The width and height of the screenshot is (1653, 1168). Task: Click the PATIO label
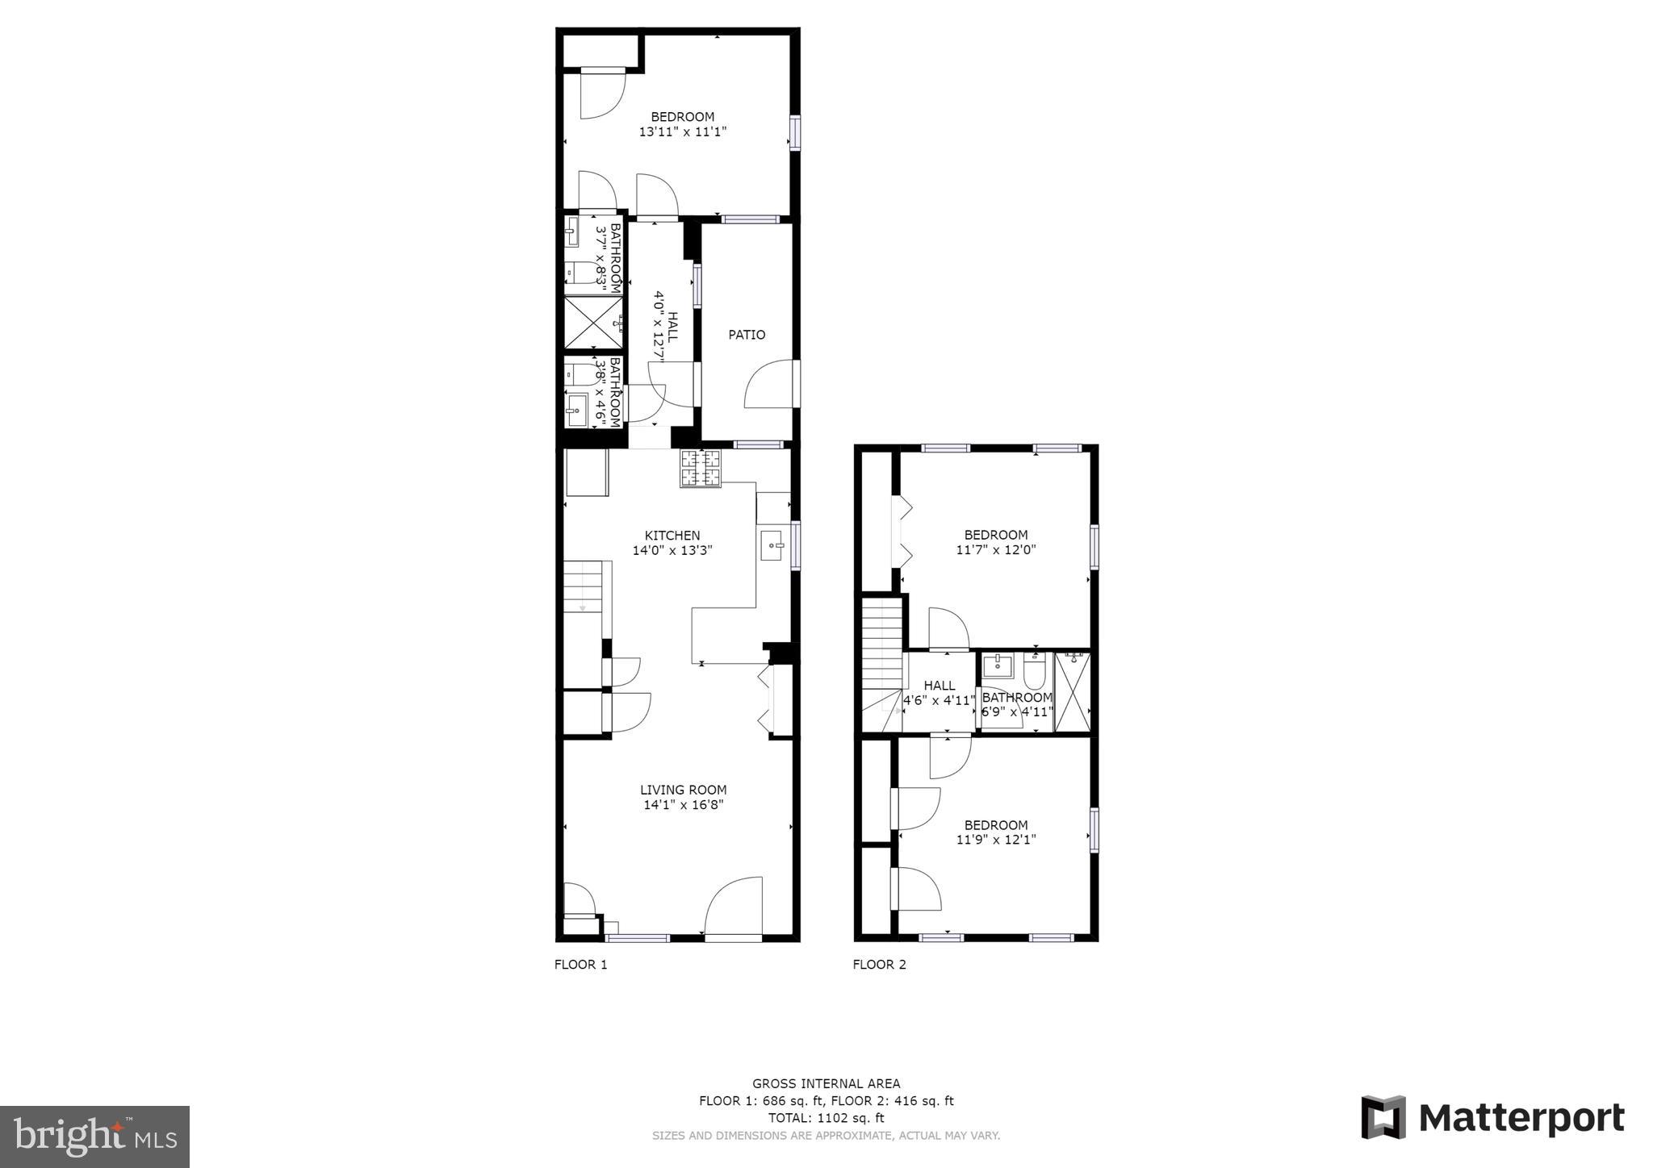[747, 335]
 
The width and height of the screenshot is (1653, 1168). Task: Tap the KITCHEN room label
[672, 536]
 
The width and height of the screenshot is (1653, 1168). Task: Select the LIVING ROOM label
[683, 790]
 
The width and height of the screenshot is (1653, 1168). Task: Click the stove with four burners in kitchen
[701, 469]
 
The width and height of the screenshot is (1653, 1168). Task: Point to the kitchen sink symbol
[772, 545]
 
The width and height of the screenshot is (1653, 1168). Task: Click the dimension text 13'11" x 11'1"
[683, 132]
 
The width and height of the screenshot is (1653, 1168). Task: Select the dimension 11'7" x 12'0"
[996, 550]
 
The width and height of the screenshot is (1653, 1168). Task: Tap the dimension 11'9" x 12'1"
[996, 840]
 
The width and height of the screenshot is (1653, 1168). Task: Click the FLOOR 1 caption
[580, 965]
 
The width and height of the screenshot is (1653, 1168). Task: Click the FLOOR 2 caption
[879, 965]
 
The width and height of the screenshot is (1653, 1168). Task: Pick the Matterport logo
[1492, 1118]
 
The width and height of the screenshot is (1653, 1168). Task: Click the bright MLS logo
[94, 1137]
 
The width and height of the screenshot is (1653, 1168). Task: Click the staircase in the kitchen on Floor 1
[583, 586]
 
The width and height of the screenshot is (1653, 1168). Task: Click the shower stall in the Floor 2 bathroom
[1072, 692]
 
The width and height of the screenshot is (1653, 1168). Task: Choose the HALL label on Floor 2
[939, 686]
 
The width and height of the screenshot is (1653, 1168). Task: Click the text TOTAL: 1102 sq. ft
[826, 1118]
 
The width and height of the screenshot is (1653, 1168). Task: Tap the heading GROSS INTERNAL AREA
[826, 1084]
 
